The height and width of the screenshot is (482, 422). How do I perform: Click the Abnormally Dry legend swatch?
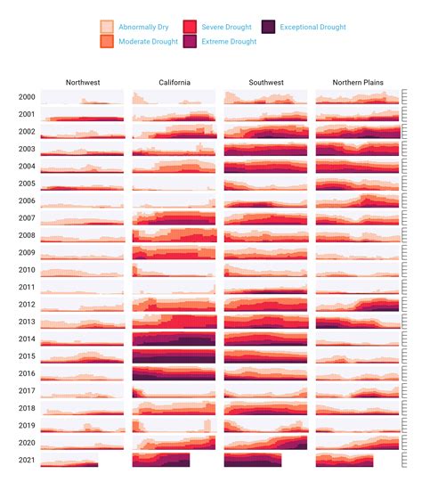(107, 28)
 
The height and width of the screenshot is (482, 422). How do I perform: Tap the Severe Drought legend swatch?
(190, 28)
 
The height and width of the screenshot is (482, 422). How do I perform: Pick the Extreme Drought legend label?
(230, 42)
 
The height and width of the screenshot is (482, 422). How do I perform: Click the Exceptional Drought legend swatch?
(269, 28)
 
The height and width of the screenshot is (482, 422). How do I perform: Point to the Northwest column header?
(82, 83)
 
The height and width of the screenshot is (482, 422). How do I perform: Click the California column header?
(174, 83)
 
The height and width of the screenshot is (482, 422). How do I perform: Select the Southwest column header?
(265, 83)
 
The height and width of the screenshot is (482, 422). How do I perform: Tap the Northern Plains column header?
(357, 83)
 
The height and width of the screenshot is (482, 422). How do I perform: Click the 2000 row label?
(27, 97)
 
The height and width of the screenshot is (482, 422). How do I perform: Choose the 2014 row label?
(27, 339)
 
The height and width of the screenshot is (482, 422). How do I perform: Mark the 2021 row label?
(27, 460)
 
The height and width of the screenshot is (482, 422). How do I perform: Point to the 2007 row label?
(27, 218)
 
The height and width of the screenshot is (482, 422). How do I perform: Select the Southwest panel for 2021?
(252, 460)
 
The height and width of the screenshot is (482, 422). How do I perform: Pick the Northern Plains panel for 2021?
(344, 460)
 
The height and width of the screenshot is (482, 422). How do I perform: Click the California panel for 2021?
(160, 460)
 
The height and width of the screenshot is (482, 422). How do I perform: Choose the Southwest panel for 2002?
(265, 131)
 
